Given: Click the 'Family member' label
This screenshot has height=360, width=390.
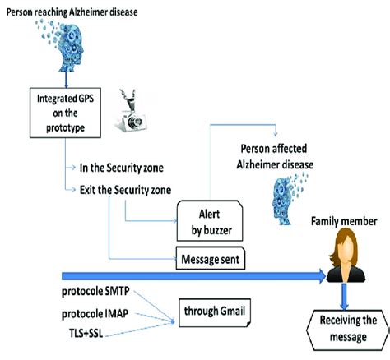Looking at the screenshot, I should pyautogui.click(x=344, y=220).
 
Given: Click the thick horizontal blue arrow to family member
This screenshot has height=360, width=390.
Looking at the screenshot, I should pyautogui.click(x=165, y=278).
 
